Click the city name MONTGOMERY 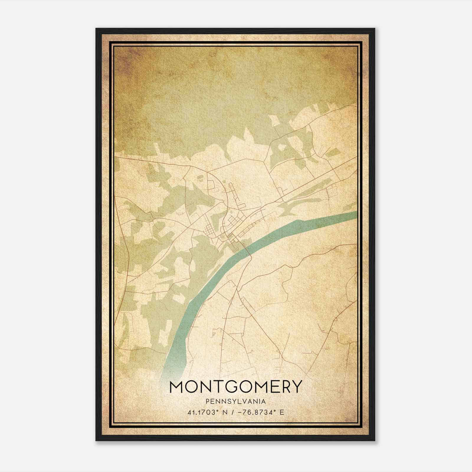[236, 386]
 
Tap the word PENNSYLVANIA [236, 401]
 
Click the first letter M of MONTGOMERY [178, 386]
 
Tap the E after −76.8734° [282, 412]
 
